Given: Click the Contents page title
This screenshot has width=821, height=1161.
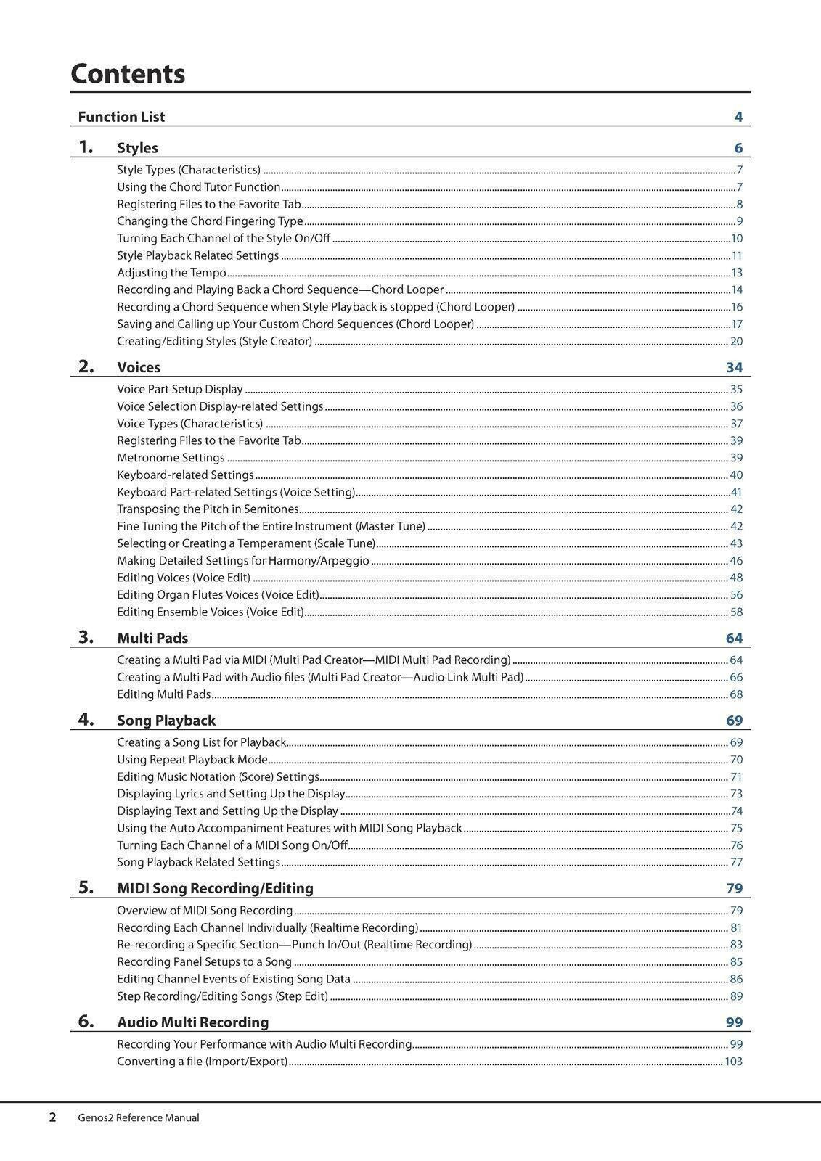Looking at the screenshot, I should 128,74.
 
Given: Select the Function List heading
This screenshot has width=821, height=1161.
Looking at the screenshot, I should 121,117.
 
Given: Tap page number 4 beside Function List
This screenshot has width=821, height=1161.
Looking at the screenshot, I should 738,118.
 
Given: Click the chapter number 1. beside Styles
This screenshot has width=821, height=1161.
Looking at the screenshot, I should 86,147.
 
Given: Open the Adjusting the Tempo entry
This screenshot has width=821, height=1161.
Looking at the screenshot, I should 172,273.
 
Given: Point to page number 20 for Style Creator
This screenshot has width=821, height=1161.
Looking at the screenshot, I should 736,342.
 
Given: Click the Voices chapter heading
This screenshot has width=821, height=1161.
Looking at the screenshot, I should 139,367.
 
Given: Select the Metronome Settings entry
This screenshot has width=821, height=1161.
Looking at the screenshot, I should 171,458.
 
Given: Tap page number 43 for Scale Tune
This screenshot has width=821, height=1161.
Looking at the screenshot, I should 736,543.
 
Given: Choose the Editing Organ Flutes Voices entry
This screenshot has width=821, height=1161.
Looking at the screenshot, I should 218,595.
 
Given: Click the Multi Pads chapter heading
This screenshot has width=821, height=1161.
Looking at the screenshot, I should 152,638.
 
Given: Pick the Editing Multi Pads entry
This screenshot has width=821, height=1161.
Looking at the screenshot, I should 164,694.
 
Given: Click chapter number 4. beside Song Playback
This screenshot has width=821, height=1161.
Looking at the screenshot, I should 86,720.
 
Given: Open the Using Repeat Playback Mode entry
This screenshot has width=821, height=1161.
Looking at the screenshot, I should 192,760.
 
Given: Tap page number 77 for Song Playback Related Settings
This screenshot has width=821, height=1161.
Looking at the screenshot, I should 736,863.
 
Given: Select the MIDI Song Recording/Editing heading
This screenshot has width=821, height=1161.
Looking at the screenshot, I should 216,888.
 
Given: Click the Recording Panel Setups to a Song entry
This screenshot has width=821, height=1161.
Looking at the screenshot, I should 205,962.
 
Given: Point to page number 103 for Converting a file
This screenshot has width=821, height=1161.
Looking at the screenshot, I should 733,1062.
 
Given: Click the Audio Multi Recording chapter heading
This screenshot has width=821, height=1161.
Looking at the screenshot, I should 193,1022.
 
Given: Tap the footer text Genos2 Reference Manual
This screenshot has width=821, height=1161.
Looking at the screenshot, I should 139,1118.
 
